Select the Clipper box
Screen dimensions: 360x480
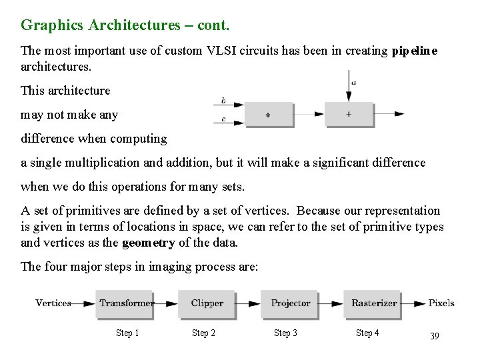207,303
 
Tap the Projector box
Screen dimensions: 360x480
290,303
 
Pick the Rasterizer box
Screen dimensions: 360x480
373,303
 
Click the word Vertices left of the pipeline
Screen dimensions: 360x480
53,303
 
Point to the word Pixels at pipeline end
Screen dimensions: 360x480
441,303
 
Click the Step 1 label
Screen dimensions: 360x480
127,333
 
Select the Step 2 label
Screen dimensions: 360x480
203,333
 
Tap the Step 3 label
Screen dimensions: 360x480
285,333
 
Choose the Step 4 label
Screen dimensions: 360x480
367,333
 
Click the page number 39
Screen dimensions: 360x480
434,336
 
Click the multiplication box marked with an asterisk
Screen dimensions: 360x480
269,115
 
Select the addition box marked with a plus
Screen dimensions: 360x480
349,114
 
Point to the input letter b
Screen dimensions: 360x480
223,101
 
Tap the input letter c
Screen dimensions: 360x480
223,120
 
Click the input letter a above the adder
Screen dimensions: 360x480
353,83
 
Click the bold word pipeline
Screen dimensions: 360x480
415,51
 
